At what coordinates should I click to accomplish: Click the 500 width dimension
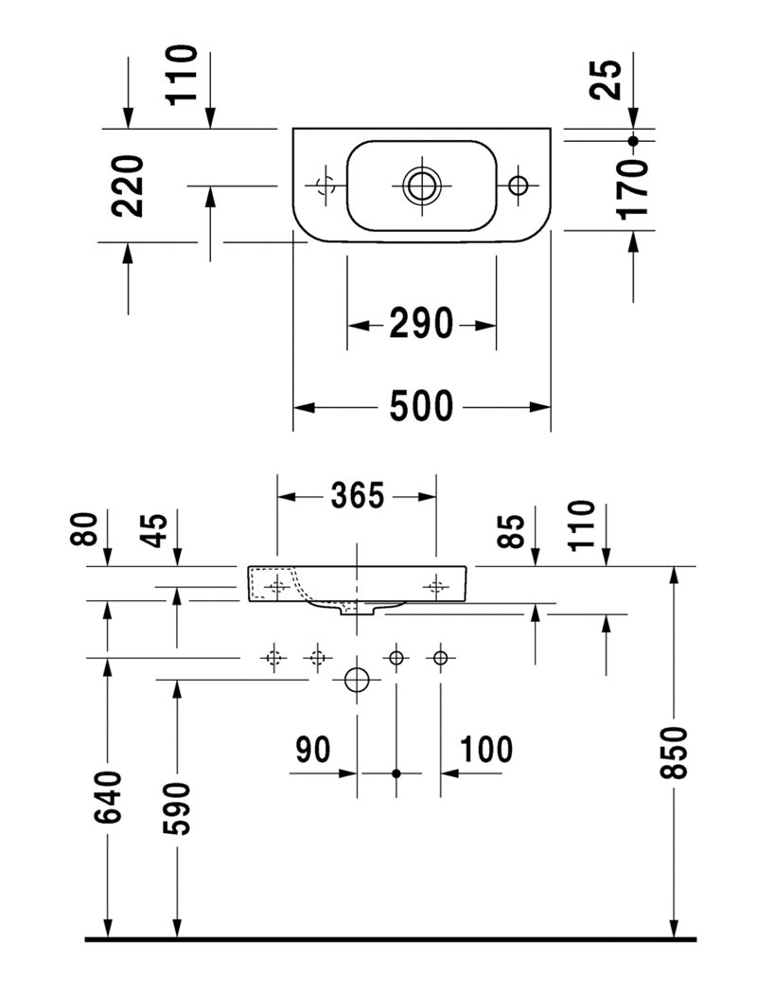(x=421, y=407)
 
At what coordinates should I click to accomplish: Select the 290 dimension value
(x=421, y=325)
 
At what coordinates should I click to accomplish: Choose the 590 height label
(x=176, y=808)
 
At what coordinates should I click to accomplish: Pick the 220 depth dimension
(x=129, y=186)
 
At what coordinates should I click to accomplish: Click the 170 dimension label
(x=632, y=189)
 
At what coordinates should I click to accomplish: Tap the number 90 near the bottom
(x=313, y=749)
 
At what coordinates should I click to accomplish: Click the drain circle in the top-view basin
(x=420, y=185)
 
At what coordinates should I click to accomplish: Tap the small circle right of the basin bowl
(x=519, y=185)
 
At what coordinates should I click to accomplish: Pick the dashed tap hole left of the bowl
(x=324, y=184)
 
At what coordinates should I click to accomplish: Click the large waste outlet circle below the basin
(x=357, y=680)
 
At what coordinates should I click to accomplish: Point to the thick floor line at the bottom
(x=390, y=939)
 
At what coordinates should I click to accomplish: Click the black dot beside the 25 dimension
(x=633, y=140)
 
